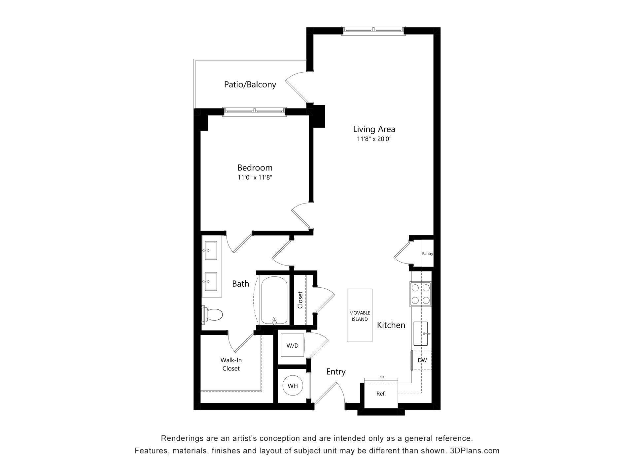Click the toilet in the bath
click(x=213, y=315)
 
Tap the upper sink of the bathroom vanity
click(x=211, y=250)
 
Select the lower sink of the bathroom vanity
click(x=211, y=281)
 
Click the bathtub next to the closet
click(x=274, y=301)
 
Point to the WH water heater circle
click(x=293, y=386)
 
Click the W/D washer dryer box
click(x=292, y=345)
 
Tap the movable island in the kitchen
click(x=360, y=316)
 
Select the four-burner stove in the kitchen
click(x=421, y=294)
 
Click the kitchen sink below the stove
click(x=421, y=333)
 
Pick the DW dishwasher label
click(x=422, y=360)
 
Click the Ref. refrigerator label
click(x=381, y=394)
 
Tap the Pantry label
click(x=427, y=254)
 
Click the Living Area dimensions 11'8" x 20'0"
click(x=374, y=139)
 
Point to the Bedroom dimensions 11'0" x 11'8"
click(x=255, y=177)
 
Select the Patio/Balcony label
click(x=250, y=84)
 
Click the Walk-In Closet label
click(x=231, y=364)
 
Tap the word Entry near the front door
click(x=336, y=372)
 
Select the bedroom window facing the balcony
click(x=254, y=111)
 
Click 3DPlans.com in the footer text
click(x=475, y=451)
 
